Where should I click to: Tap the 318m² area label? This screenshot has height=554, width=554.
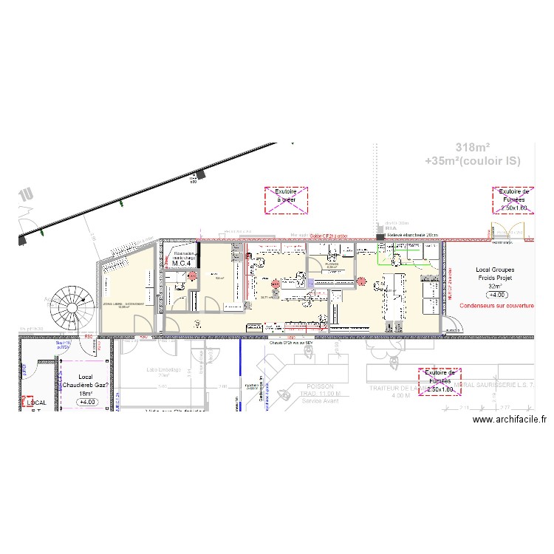point(472,146)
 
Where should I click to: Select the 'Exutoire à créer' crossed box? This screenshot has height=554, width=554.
point(286,200)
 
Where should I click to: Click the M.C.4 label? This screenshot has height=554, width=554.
point(182,262)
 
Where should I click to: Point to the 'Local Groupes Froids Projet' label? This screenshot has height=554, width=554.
point(495,275)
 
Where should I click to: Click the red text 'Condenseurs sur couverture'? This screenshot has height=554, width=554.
point(496,305)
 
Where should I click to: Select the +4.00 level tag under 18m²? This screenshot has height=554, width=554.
point(87,403)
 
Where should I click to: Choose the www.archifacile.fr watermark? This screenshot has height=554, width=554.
point(510,420)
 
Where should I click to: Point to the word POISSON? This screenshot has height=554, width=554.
point(320,386)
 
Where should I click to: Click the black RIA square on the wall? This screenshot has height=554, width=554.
point(380,237)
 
